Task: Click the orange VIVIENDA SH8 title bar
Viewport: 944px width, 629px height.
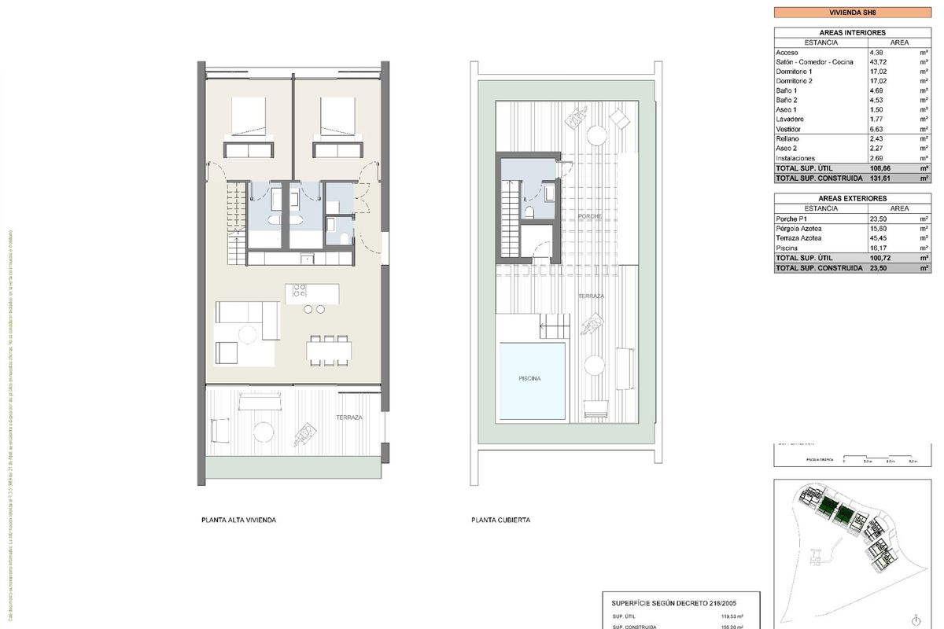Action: (x=853, y=13)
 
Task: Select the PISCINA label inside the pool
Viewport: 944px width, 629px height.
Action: (x=529, y=378)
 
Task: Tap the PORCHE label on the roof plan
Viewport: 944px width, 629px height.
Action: (x=589, y=215)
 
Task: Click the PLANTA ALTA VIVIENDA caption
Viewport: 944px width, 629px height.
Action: (x=239, y=520)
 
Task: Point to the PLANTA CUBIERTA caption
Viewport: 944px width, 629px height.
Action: (x=500, y=520)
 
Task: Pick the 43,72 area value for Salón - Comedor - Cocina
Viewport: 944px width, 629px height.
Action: (x=899, y=61)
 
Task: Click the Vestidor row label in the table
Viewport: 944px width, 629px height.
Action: (x=789, y=129)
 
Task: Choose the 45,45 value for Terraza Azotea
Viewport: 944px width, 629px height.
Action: (x=899, y=237)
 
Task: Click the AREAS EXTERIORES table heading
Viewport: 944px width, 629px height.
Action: (x=853, y=198)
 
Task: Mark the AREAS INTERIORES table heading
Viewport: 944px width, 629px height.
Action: (x=853, y=32)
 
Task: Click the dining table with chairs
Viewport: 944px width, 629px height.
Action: (x=330, y=351)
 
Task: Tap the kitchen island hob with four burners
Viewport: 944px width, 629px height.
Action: (x=300, y=289)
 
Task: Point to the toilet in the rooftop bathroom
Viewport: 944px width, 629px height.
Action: (x=530, y=213)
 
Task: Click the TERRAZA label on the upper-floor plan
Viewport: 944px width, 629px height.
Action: (x=348, y=417)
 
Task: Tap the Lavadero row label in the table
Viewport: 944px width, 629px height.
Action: (x=790, y=120)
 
